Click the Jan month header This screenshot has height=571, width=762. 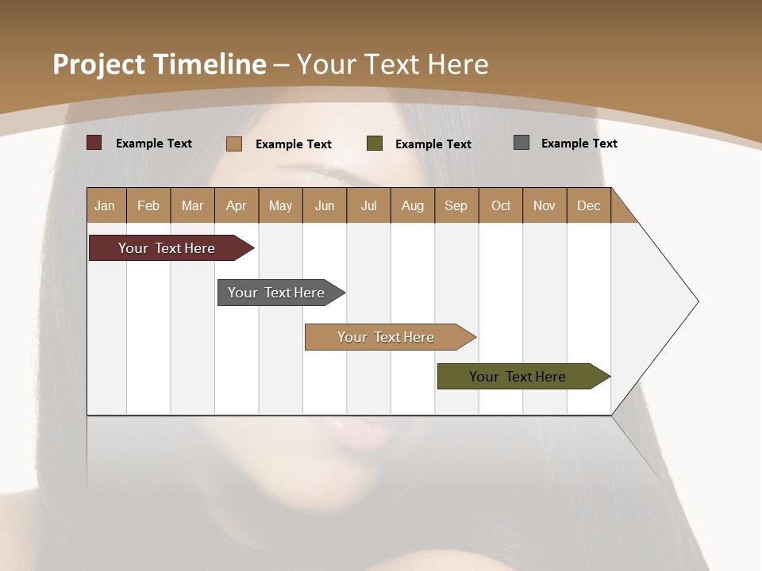[x=106, y=205]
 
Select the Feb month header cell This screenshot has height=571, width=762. [x=148, y=205]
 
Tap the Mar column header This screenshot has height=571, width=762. [x=192, y=205]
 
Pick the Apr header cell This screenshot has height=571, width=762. [x=237, y=205]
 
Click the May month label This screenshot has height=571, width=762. [x=280, y=205]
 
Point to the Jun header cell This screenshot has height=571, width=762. [x=325, y=205]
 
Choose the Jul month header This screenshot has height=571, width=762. [x=368, y=205]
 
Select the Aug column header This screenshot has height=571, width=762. [x=413, y=205]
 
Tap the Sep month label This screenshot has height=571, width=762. [x=456, y=205]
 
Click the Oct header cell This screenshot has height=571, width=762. [x=501, y=205]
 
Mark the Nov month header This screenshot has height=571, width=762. [x=545, y=205]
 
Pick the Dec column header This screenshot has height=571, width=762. [x=589, y=205]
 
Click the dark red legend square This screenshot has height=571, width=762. [x=94, y=143]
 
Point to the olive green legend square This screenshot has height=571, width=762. [x=375, y=144]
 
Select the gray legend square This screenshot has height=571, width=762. [x=521, y=143]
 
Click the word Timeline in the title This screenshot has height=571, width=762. [x=210, y=64]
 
